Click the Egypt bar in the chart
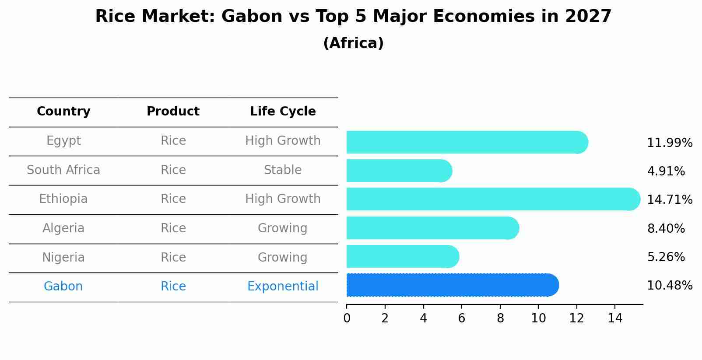coord(467,142)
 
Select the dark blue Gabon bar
coord(453,285)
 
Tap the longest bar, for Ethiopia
coord(493,199)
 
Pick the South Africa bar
coord(399,171)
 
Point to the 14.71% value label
coord(670,199)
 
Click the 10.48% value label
coord(670,286)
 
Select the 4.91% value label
coord(666,171)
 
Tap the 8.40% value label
coord(666,228)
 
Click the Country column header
coord(63,112)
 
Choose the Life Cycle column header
coord(283,112)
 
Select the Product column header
coord(173,111)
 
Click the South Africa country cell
coord(63,170)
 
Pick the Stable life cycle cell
coord(283,170)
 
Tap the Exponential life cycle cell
coord(283,287)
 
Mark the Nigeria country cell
coord(63,257)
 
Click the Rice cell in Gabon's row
coord(173,287)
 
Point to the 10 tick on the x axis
coord(538,318)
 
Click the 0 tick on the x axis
coord(347,318)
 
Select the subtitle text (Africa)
coord(353,43)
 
